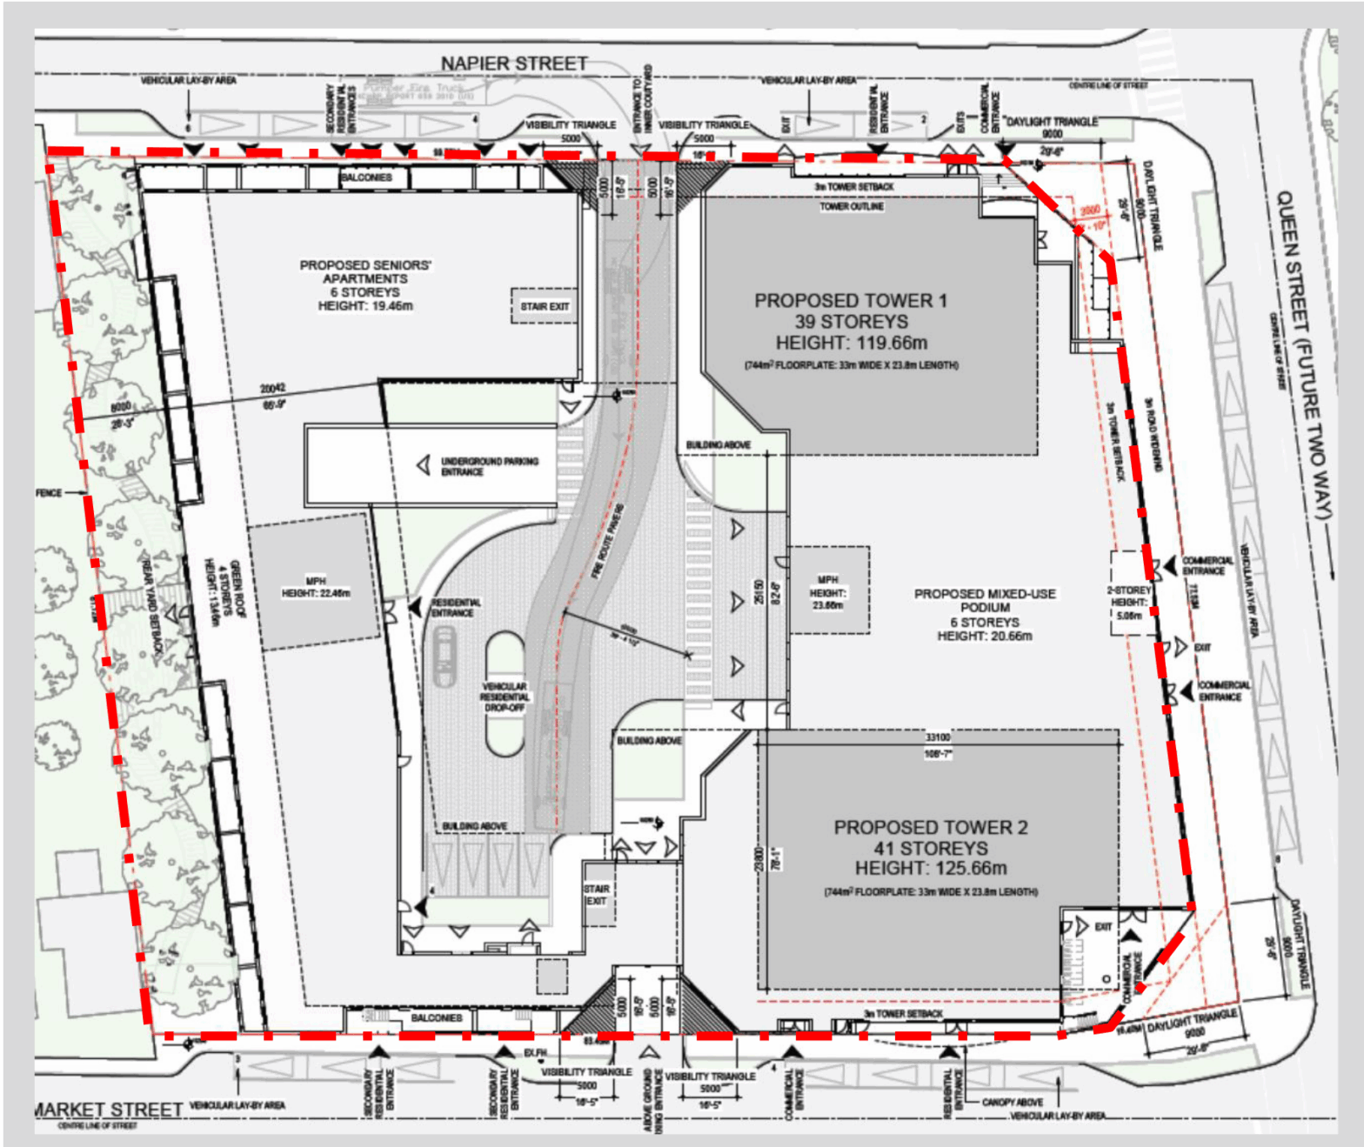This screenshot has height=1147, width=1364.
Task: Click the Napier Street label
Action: click(x=514, y=63)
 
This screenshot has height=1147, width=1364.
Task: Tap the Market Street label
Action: click(x=108, y=1110)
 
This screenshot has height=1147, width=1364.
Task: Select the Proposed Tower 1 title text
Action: click(x=851, y=301)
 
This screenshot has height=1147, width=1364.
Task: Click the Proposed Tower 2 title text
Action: click(x=930, y=827)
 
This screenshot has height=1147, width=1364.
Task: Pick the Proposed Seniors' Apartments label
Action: click(x=365, y=271)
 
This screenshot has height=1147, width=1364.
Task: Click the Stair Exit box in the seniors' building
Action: click(x=545, y=306)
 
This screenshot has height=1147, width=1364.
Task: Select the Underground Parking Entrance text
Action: click(x=489, y=466)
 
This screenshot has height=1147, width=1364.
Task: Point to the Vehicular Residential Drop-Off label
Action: click(x=505, y=697)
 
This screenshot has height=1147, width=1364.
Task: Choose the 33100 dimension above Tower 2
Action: click(x=938, y=737)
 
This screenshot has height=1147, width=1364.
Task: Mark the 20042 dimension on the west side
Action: click(x=272, y=389)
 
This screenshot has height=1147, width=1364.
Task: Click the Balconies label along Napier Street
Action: click(x=366, y=177)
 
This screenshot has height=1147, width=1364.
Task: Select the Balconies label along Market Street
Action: click(x=437, y=1017)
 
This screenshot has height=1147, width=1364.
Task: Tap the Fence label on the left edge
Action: click(x=49, y=493)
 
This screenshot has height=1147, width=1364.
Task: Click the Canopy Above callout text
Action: click(x=1013, y=1102)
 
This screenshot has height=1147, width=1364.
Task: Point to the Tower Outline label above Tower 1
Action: click(x=852, y=206)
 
